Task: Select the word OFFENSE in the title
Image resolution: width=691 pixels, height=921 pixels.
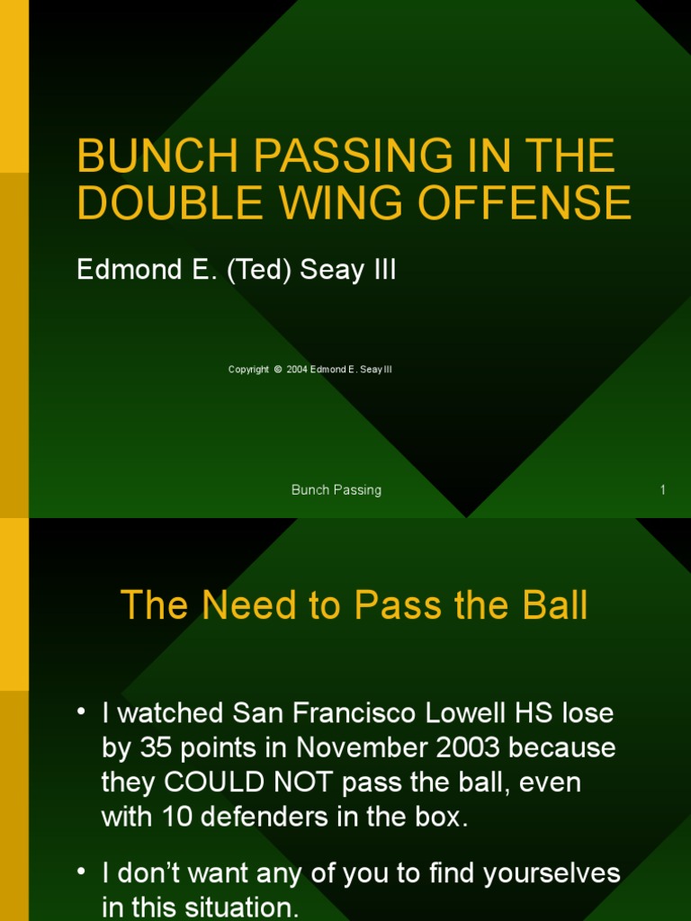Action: (x=543, y=204)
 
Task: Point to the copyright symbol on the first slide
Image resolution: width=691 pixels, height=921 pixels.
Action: (x=278, y=370)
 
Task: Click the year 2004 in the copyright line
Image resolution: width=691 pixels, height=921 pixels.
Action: (x=297, y=370)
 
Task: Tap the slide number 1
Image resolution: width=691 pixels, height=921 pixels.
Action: (x=662, y=490)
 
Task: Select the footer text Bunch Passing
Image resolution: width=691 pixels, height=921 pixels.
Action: (x=337, y=490)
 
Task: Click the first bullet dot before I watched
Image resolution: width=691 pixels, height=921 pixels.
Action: (x=82, y=712)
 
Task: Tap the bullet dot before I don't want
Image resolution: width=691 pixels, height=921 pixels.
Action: (x=82, y=872)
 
